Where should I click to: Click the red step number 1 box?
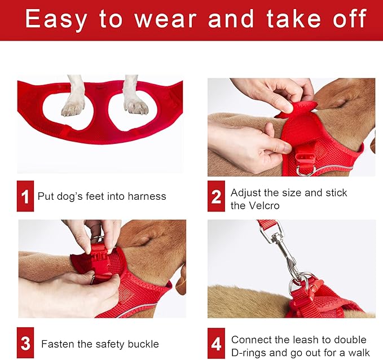click(x=25, y=196)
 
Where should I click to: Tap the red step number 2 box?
click(x=216, y=196)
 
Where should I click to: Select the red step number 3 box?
click(x=25, y=343)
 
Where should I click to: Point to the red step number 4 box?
click(x=216, y=344)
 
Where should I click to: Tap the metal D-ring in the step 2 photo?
click(x=306, y=170)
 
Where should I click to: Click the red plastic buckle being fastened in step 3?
click(x=100, y=261)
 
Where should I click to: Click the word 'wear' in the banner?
click(x=166, y=19)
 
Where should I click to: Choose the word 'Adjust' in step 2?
click(x=246, y=193)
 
